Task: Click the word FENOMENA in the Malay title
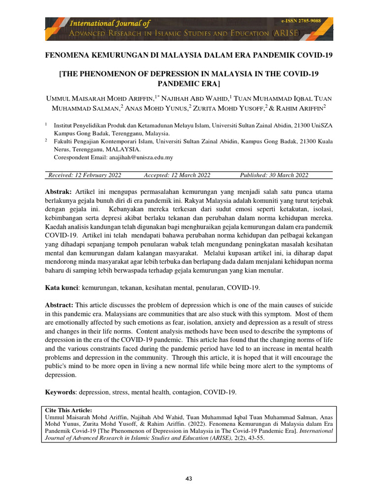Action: click(x=65, y=55)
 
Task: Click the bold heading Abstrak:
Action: click(x=59, y=191)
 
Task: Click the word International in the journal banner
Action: click(x=92, y=23)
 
